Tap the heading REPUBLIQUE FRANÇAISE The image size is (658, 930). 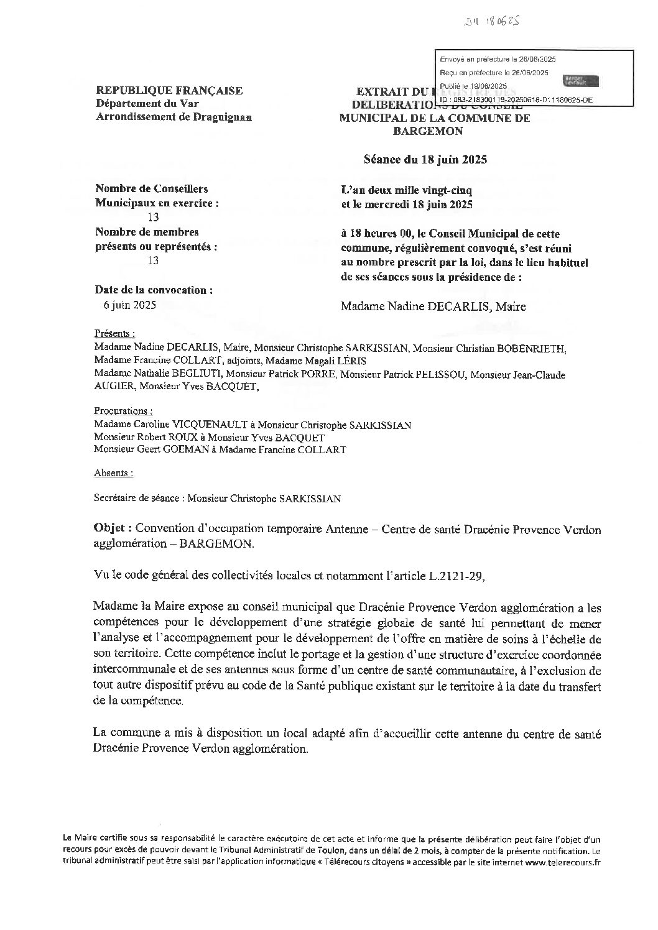pos(169,91)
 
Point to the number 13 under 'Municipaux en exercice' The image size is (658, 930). pos(152,217)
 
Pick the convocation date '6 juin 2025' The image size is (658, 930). pos(130,305)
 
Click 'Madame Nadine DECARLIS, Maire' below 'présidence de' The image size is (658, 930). pos(433,306)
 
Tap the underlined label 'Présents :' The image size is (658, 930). pos(114,333)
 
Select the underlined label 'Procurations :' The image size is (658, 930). pos(123,411)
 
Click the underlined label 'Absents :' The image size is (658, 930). pos(113,472)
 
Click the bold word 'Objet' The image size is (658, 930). pos(111,529)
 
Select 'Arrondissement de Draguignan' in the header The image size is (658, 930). pos(174,117)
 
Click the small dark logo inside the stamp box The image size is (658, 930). pos(580,81)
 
